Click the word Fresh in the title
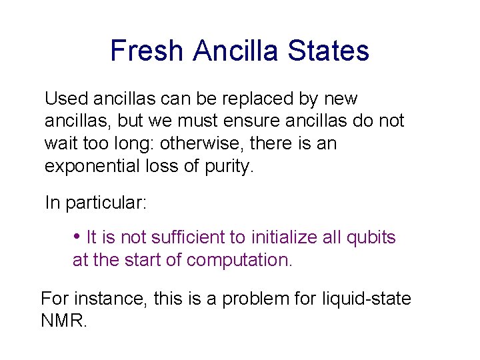(146, 51)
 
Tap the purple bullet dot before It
(77, 237)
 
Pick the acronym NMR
(63, 321)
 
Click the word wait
(58, 143)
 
